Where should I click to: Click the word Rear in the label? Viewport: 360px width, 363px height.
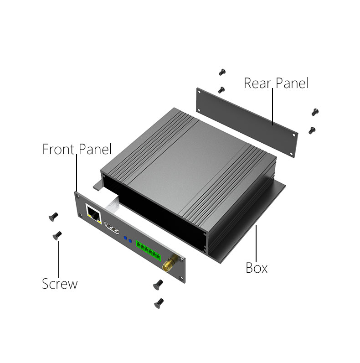[x=257, y=83]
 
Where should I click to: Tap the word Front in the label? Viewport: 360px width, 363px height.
[x=59, y=149]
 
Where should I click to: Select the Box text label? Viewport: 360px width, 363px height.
[x=257, y=268]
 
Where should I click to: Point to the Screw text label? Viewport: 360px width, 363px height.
[x=60, y=284]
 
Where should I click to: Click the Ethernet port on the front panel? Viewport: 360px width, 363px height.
[x=93, y=214]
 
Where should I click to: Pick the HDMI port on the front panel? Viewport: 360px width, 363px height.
[x=112, y=228]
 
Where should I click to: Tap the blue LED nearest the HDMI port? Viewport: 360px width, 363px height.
[x=125, y=238]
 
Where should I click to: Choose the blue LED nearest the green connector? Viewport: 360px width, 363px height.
[x=130, y=241]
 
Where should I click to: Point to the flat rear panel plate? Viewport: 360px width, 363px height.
[x=247, y=122]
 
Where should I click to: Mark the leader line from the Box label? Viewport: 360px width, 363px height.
[x=256, y=243]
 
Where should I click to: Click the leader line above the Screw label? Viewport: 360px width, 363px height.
[x=59, y=259]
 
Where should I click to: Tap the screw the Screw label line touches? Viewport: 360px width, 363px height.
[x=57, y=235]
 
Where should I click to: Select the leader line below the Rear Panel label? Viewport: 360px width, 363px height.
[x=273, y=107]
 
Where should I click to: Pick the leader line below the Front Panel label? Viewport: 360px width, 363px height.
[x=77, y=173]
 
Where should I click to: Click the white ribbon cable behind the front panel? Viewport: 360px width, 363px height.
[x=113, y=203]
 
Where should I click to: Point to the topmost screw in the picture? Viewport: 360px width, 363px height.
[x=222, y=72]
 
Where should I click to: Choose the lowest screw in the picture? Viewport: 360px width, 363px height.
[x=159, y=303]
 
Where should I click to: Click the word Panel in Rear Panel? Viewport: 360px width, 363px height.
[x=293, y=83]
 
